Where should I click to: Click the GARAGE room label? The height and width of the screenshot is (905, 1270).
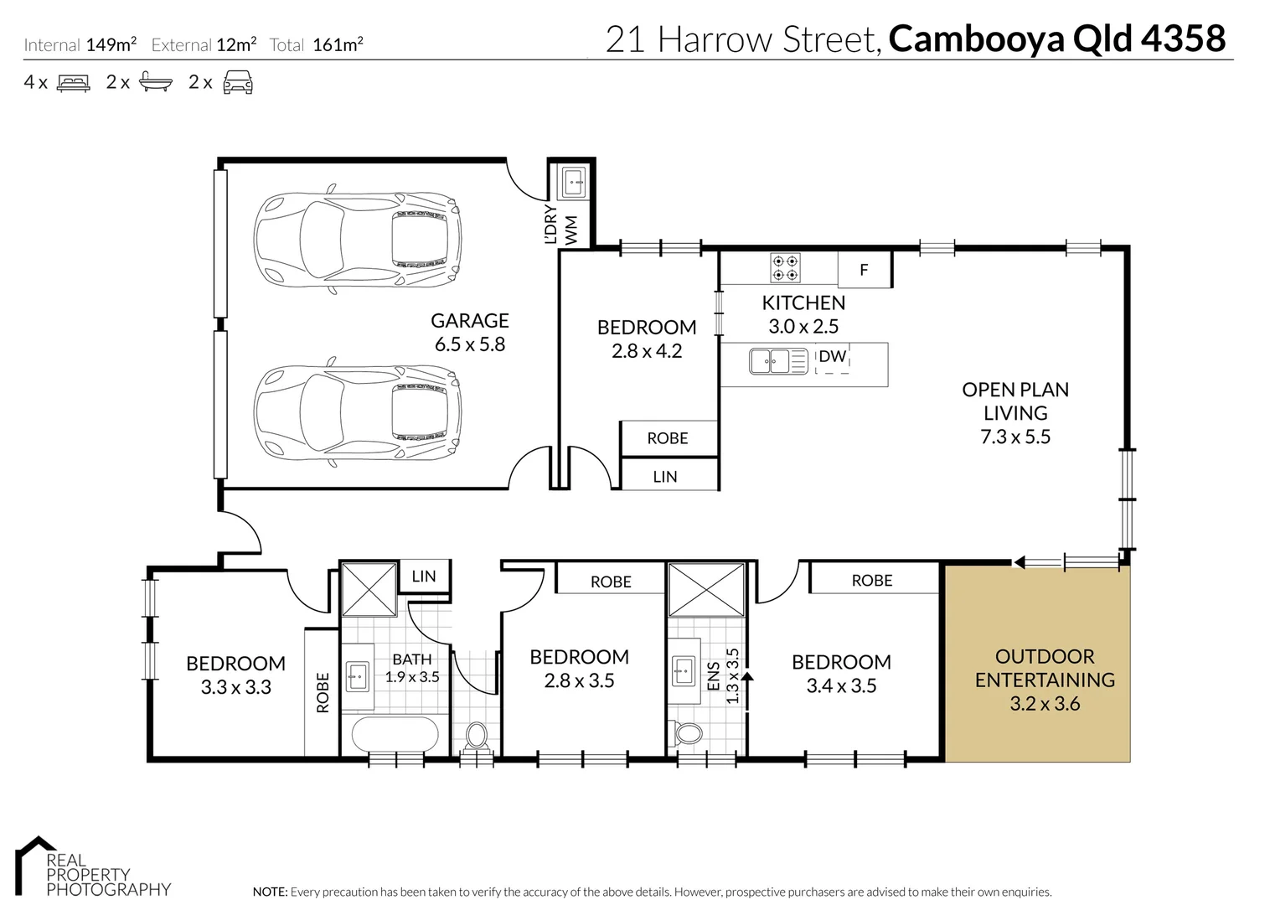pos(469,321)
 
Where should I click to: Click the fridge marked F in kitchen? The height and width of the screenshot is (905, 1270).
pos(864,270)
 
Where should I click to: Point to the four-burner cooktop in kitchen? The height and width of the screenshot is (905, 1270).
pos(785,268)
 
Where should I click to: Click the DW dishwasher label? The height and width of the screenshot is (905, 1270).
pos(832,357)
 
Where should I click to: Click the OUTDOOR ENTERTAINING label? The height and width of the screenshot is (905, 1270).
pos(1045,668)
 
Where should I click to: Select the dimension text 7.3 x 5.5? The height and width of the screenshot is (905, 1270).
pos(1015,437)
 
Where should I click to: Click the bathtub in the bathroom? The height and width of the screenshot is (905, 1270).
pos(395,735)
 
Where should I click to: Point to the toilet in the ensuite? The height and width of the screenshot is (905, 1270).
pos(689,733)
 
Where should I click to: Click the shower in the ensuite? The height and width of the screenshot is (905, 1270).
pos(706,590)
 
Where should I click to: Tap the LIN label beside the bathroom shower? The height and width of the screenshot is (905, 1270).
pos(424,576)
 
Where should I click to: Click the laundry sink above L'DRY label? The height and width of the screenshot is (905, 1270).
pos(573,180)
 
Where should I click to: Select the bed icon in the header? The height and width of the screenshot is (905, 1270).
pos(73,83)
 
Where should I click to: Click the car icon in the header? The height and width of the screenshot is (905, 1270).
pos(238,82)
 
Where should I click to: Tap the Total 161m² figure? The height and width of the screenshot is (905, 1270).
pos(337,45)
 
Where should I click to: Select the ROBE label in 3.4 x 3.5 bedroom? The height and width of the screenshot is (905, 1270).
pos(871,580)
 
